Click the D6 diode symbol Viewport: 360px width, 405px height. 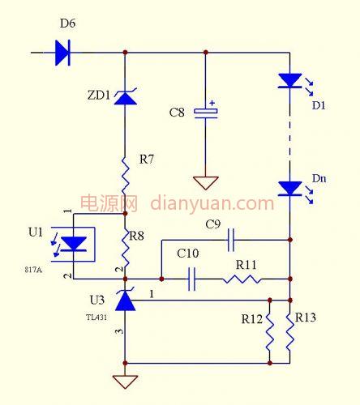click(x=62, y=53)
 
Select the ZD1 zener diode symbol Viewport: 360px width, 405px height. click(x=125, y=96)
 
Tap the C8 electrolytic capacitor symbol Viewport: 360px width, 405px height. click(x=206, y=113)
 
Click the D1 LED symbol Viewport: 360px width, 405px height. click(x=290, y=81)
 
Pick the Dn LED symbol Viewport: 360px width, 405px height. click(x=290, y=189)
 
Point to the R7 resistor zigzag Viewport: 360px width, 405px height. click(x=125, y=175)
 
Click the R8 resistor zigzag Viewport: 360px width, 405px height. click(x=125, y=247)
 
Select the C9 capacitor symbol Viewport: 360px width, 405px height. click(x=231, y=240)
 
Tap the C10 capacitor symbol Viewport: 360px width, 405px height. click(x=192, y=279)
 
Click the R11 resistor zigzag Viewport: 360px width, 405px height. click(x=242, y=279)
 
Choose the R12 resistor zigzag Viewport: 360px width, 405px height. click(x=269, y=331)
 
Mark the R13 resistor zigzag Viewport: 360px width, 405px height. click(x=290, y=331)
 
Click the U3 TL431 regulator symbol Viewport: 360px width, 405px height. click(x=125, y=300)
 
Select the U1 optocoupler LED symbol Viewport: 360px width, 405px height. click(x=74, y=244)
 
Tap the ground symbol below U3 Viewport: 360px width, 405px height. click(x=125, y=382)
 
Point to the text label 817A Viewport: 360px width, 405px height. click(x=33, y=270)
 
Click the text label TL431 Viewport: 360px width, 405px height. click(x=96, y=318)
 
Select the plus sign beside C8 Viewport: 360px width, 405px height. click(x=212, y=103)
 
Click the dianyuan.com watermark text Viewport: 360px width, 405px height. click(x=212, y=204)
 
